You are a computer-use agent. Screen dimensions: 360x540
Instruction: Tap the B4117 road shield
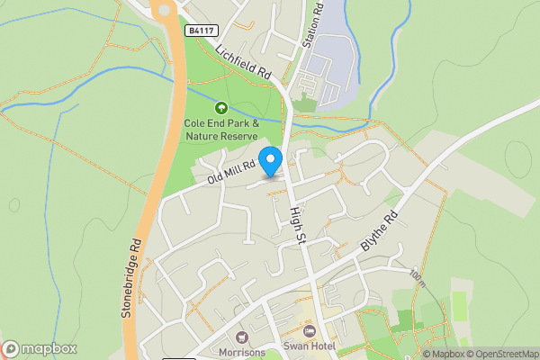202,30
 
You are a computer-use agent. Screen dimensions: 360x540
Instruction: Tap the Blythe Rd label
379,230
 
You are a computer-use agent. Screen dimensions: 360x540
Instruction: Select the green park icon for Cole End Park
221,107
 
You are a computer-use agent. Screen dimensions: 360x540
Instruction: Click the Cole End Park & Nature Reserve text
221,130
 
